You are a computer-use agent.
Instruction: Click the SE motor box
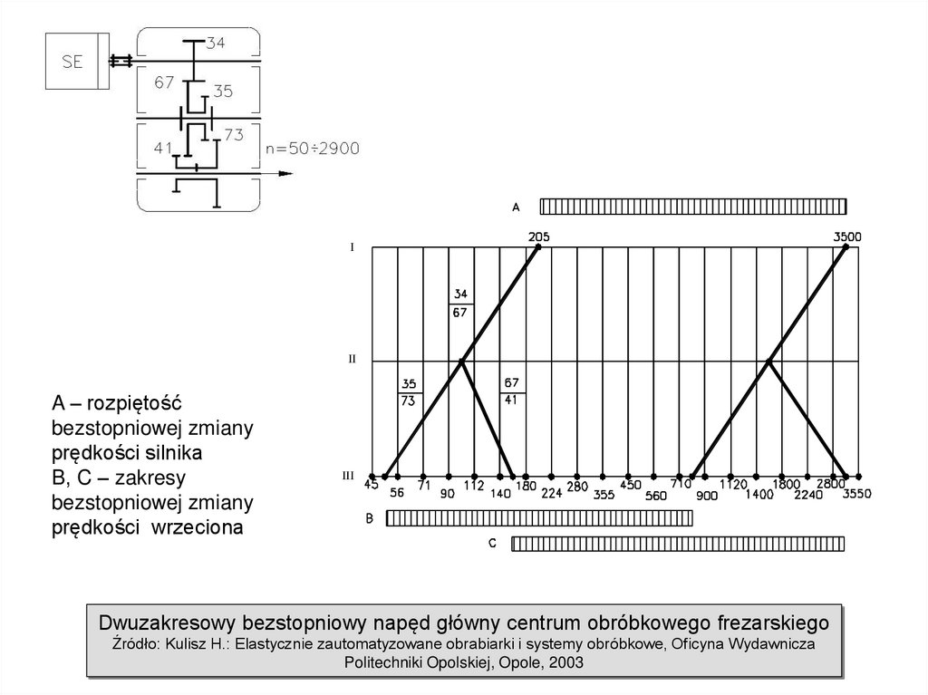[72, 62]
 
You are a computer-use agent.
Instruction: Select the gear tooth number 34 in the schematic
[217, 43]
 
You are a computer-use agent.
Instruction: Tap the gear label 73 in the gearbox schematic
[233, 135]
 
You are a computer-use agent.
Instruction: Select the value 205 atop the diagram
[538, 237]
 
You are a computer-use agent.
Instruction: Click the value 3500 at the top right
[846, 237]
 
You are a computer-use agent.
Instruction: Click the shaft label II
[352, 360]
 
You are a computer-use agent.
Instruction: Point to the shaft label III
[348, 475]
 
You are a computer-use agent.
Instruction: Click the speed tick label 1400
[760, 495]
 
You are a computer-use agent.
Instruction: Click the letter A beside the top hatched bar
[516, 207]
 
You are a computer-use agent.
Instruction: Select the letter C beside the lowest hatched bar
[491, 544]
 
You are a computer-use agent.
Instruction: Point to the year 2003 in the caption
[566, 662]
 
